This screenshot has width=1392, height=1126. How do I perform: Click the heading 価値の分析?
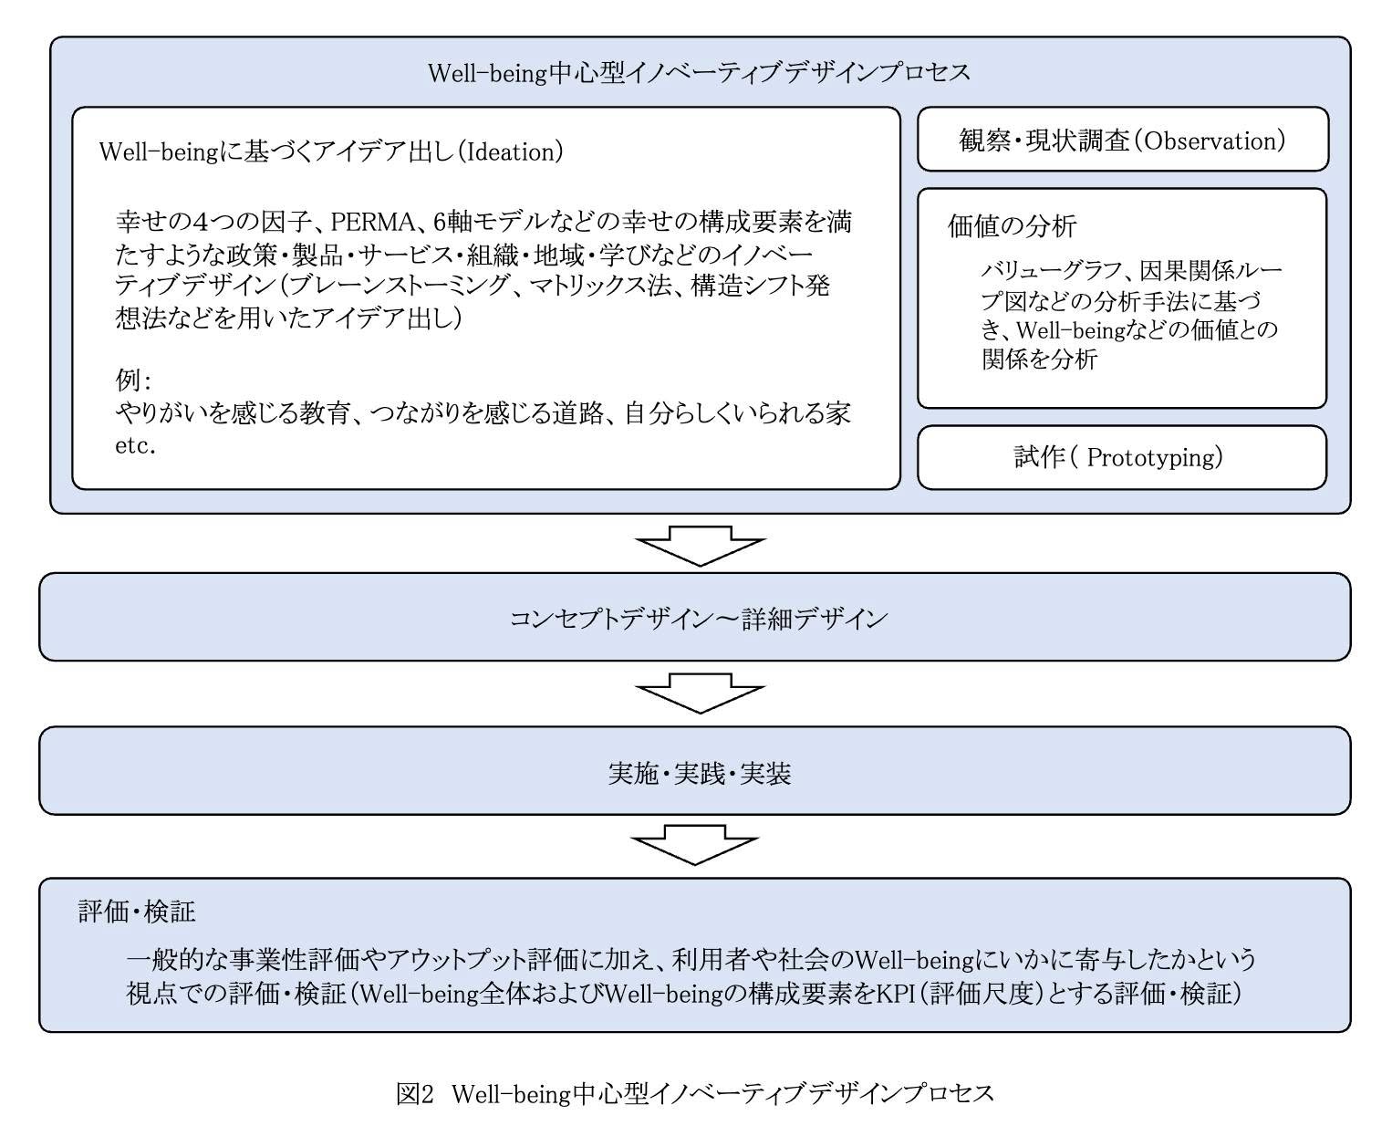tap(1013, 226)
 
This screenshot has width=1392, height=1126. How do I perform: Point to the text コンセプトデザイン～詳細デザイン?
tap(698, 619)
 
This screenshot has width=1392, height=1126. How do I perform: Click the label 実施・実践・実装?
tap(700, 773)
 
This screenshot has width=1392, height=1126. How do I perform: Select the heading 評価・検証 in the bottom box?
tap(137, 912)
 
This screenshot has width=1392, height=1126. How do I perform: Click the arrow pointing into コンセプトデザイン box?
tap(700, 546)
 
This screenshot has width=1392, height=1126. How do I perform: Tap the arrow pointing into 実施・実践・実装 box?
tap(700, 693)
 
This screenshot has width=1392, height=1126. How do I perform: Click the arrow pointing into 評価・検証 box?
tap(695, 844)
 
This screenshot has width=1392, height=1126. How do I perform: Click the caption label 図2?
tap(414, 1093)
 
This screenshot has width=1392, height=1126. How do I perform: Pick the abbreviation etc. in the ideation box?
tap(135, 446)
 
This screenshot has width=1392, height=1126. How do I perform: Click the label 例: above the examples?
tap(133, 381)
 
